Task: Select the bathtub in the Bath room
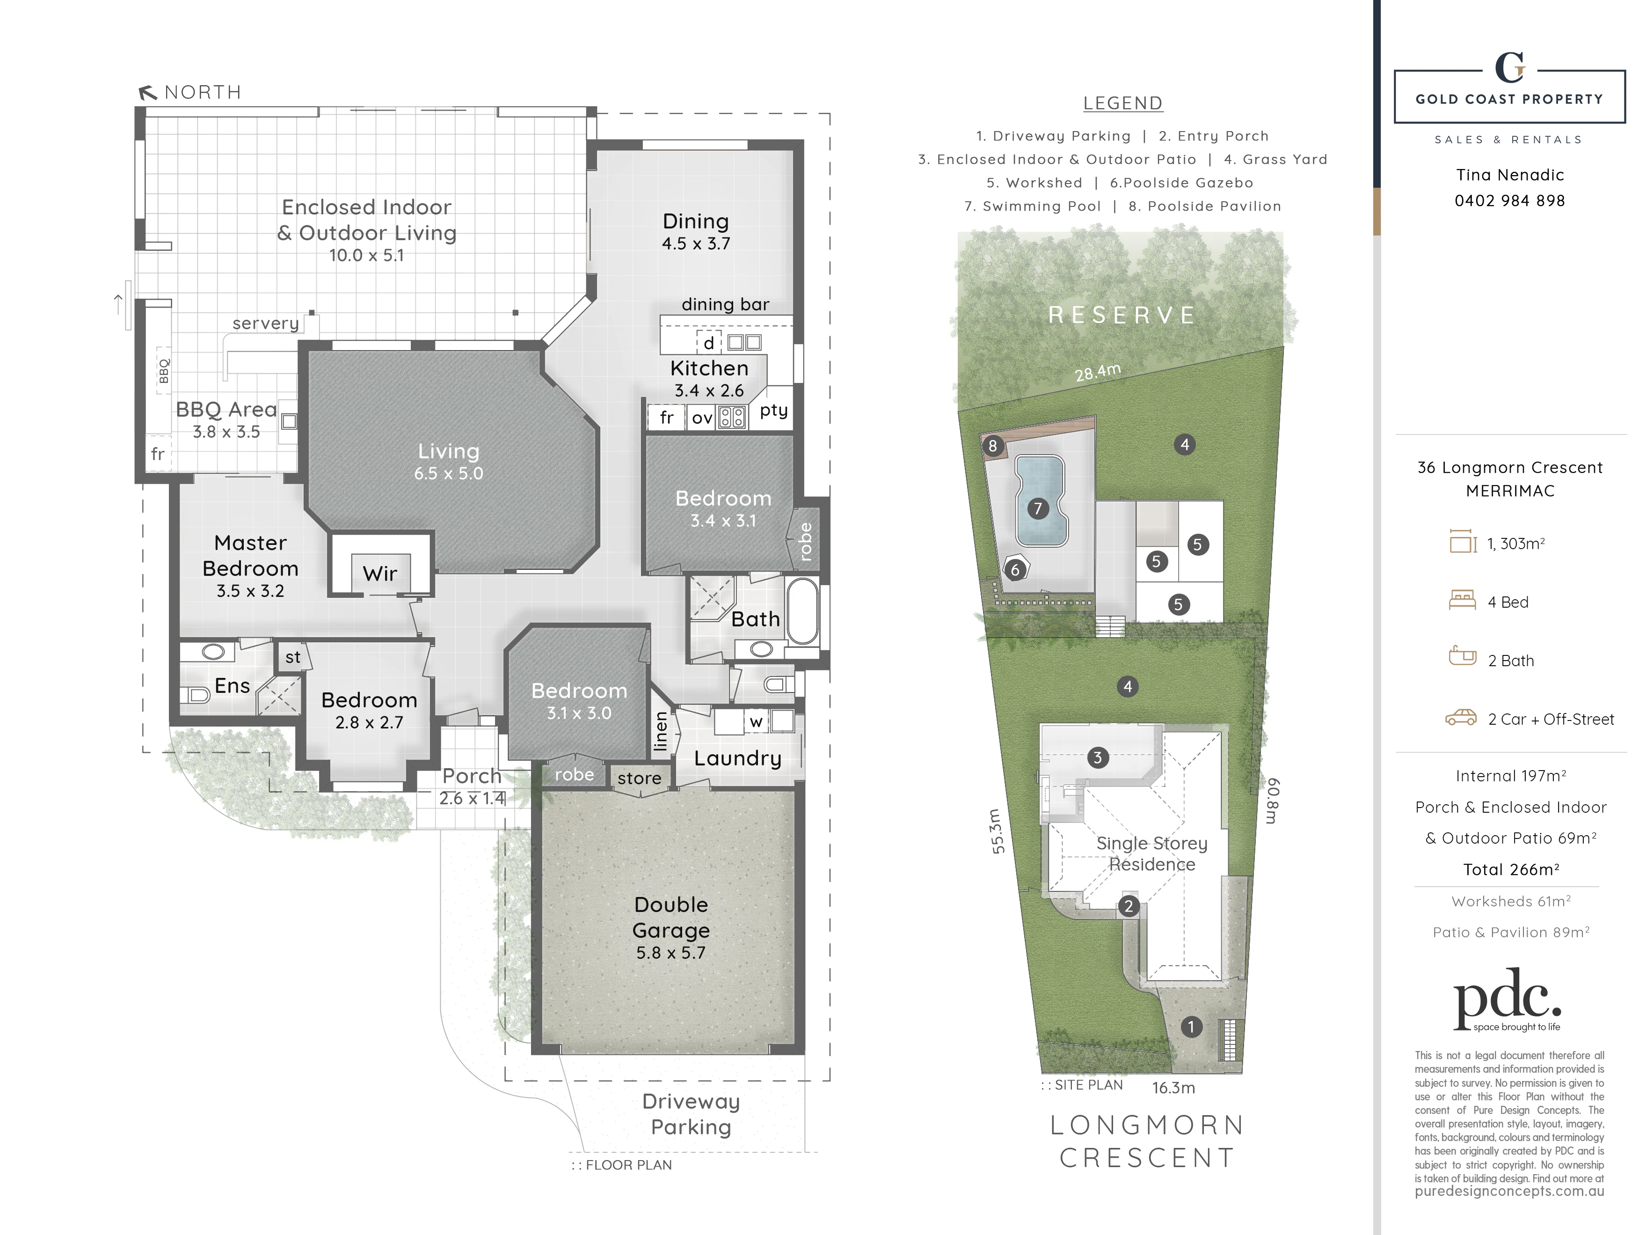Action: (803, 610)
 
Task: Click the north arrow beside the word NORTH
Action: (147, 92)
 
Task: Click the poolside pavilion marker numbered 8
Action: (993, 446)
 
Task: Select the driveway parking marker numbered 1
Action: (1191, 1027)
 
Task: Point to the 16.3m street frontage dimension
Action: (1173, 1088)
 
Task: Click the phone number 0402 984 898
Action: (1510, 201)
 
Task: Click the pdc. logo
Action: (1508, 1000)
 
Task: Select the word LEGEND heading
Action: (1123, 103)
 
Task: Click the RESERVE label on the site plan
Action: (1122, 315)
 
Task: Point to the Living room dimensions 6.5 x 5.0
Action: (449, 473)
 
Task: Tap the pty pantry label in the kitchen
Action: (774, 410)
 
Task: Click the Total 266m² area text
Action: (1511, 869)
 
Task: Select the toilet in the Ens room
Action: (197, 695)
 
